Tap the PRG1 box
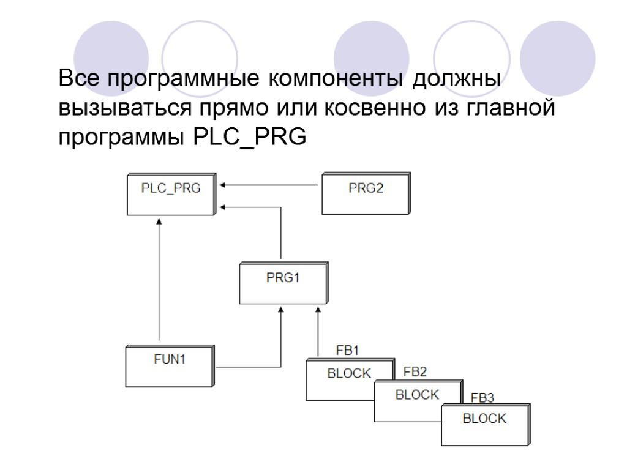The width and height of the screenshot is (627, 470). (283, 283)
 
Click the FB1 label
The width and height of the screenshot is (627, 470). (348, 351)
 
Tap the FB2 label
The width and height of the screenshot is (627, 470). (415, 371)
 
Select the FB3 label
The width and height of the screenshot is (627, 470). (482, 398)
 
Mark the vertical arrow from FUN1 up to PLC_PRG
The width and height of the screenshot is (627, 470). (159, 282)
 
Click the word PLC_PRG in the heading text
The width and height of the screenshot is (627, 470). (249, 138)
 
